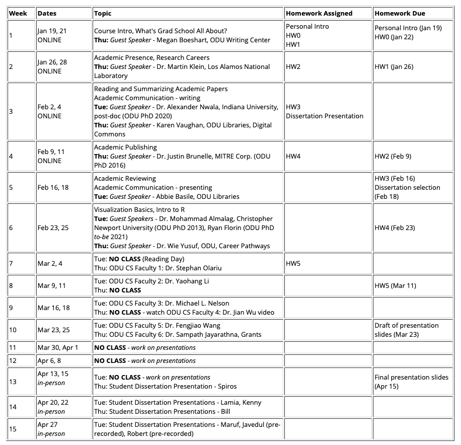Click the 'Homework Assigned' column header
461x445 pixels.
(x=319, y=13)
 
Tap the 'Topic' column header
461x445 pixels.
(x=103, y=13)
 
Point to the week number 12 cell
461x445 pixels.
(x=13, y=360)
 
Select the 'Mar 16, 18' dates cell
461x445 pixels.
(x=54, y=308)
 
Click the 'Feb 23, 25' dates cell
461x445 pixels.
(x=53, y=228)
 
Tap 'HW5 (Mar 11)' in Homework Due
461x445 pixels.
(x=395, y=285)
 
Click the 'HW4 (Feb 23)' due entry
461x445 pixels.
(x=395, y=228)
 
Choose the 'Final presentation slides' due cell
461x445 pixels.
(x=411, y=377)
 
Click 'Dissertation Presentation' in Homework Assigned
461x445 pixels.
(x=324, y=116)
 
